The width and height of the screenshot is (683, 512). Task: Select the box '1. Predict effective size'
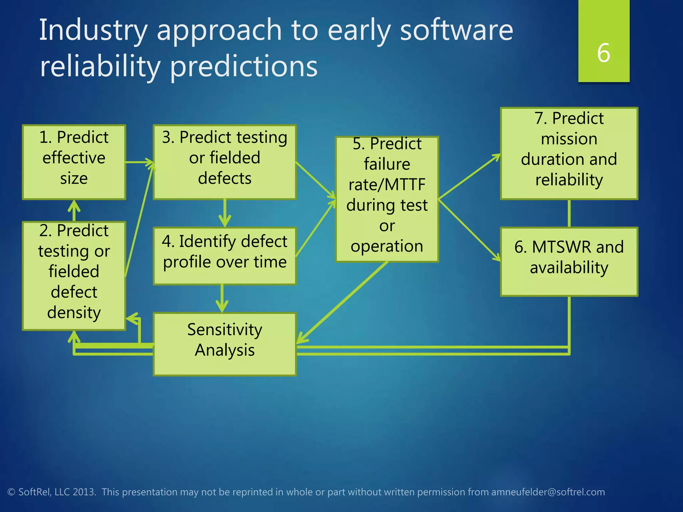(74, 162)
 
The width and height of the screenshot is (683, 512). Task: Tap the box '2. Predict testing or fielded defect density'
(74, 276)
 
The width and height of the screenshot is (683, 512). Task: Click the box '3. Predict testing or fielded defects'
(224, 162)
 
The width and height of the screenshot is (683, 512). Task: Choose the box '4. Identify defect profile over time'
(224, 256)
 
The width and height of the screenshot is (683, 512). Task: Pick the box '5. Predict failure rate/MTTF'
(387, 199)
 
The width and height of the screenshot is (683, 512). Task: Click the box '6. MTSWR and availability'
(569, 262)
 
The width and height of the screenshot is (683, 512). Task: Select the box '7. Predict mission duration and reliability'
(569, 153)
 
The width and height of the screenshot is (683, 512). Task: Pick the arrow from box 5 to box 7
(469, 177)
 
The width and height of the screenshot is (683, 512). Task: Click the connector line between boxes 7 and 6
(569, 213)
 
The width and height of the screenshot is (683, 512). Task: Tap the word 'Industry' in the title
(93, 31)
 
